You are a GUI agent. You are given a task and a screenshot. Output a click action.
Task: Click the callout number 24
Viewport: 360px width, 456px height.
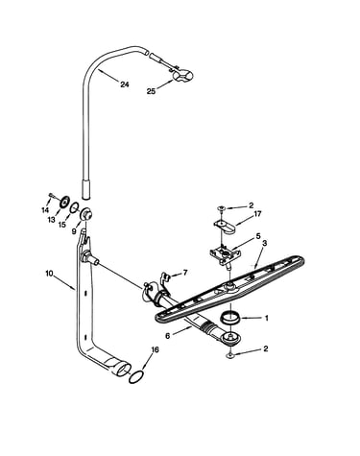[x=125, y=84]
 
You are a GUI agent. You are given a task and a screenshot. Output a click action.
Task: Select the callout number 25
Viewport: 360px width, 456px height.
[x=151, y=91]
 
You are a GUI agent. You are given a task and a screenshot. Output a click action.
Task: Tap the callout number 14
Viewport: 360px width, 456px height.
[x=45, y=210]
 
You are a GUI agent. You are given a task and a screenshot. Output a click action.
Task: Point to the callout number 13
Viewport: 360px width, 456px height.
[x=52, y=219]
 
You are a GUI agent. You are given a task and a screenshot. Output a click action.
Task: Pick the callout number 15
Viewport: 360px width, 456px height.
[x=62, y=225]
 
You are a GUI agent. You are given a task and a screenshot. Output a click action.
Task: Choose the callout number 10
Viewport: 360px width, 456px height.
[x=49, y=274]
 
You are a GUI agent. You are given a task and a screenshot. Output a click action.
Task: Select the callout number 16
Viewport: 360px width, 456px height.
[x=155, y=350]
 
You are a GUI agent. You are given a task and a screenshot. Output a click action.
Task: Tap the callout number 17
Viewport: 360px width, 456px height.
[x=257, y=214]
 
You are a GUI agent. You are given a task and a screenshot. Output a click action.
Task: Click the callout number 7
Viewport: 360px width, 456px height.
[x=185, y=273]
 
